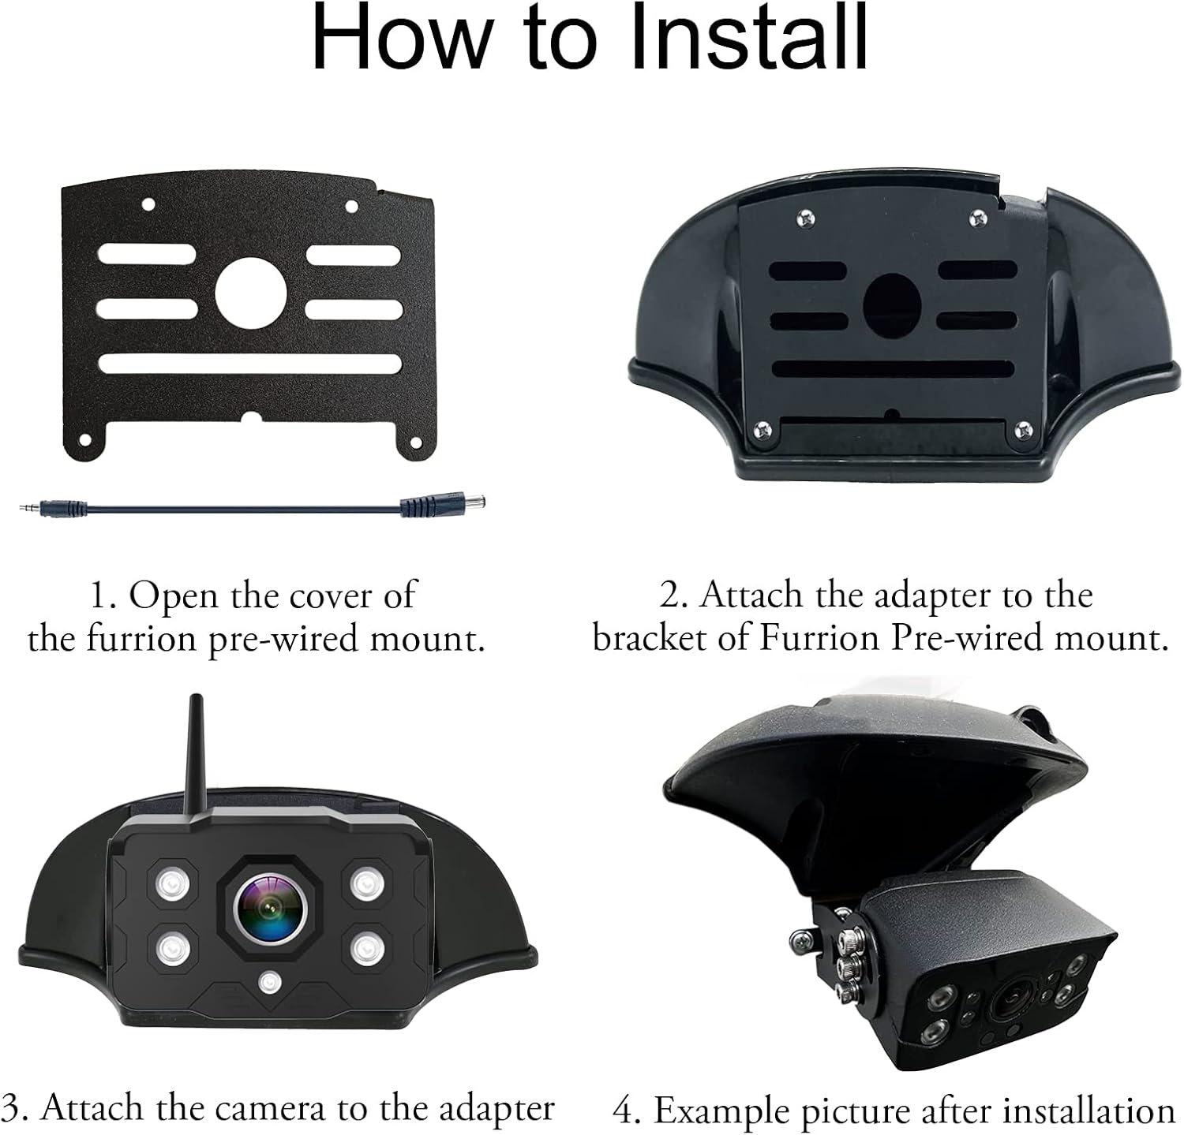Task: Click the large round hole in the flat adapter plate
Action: [250, 293]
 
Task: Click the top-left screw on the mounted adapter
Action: [806, 215]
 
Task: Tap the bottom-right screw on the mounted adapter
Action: [1022, 429]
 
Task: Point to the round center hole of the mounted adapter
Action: [893, 304]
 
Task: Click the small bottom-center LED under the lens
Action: [270, 982]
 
